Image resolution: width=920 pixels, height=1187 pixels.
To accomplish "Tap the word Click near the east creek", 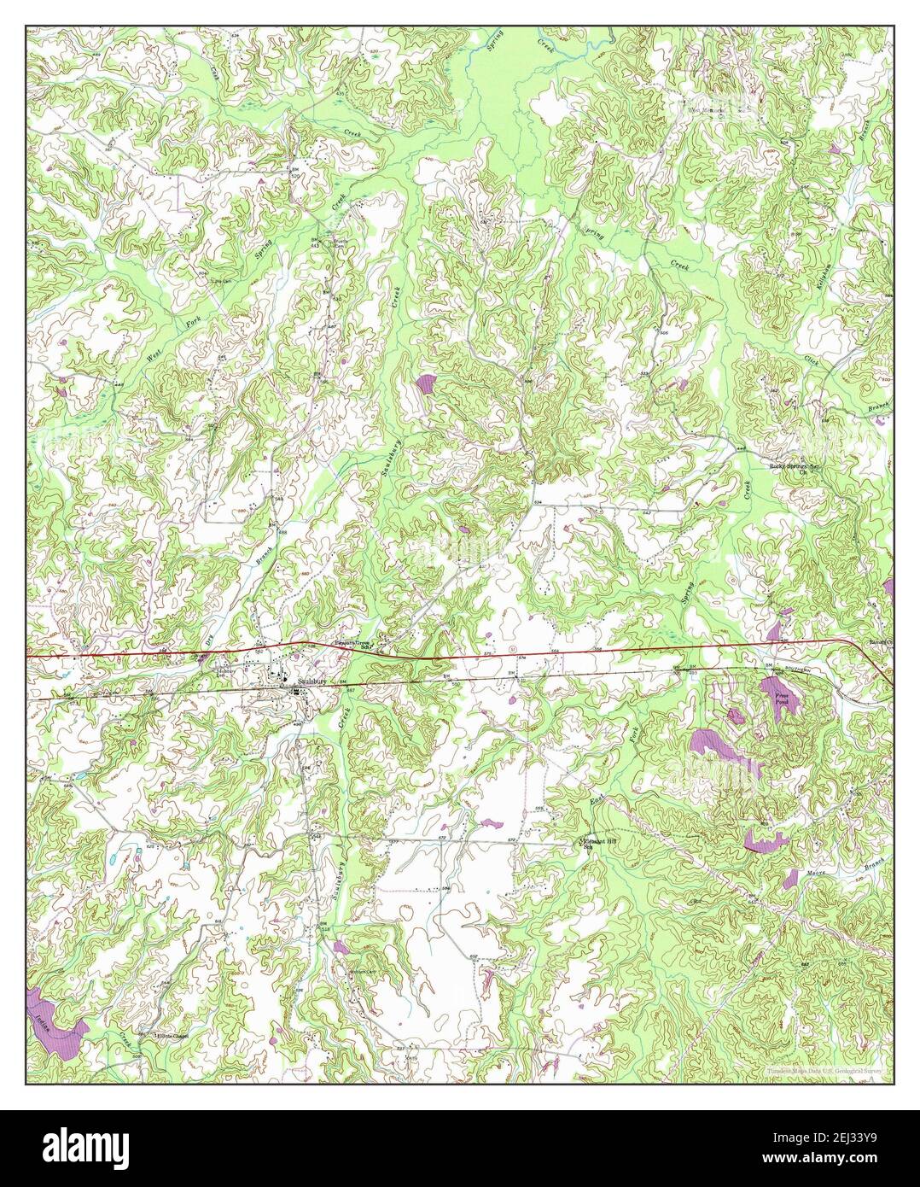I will click(x=812, y=365).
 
